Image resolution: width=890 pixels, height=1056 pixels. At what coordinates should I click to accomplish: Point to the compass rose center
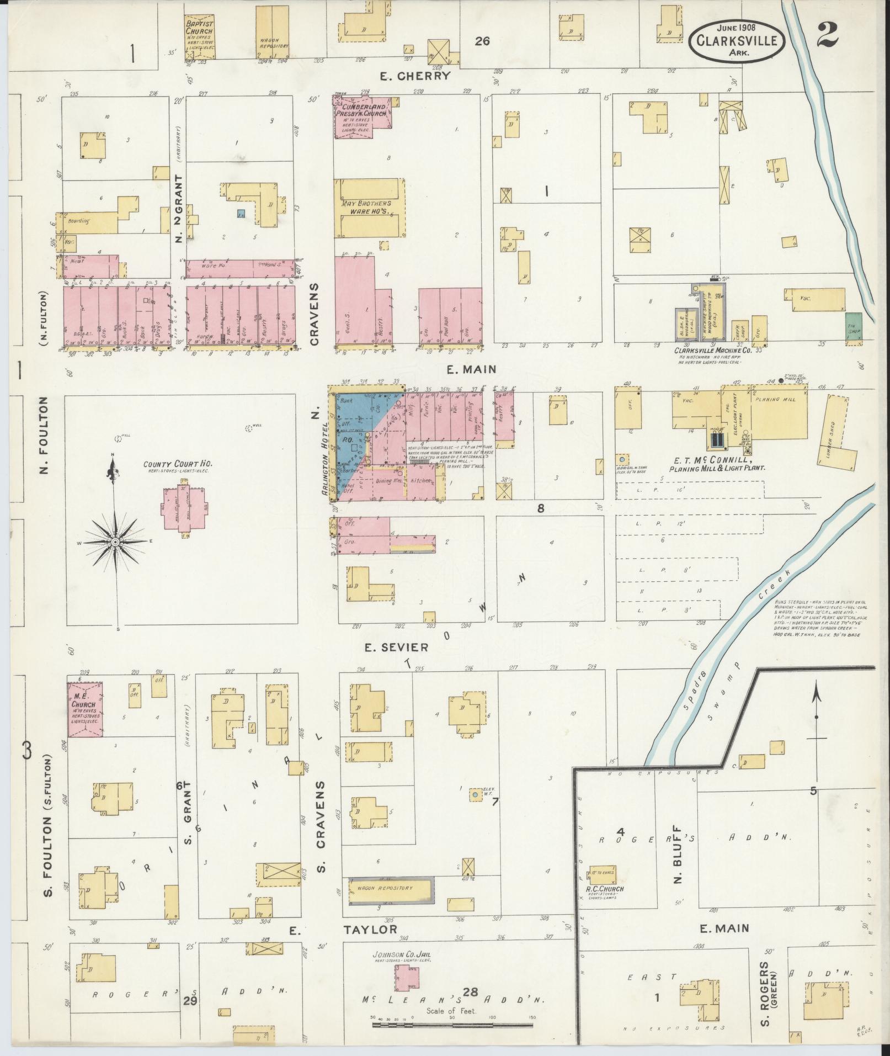(115, 543)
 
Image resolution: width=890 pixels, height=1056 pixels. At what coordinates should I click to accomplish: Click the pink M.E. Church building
(85, 709)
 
